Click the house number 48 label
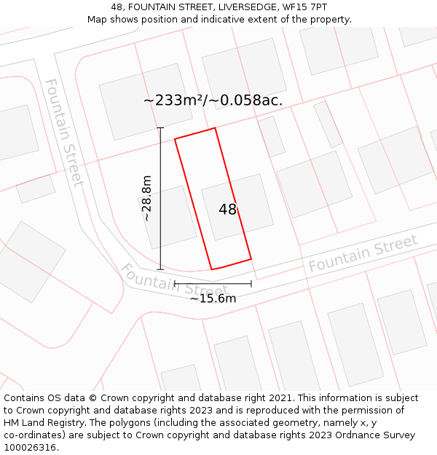[228, 210]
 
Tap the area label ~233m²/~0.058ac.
[213, 100]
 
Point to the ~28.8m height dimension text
[146, 198]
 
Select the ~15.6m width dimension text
[213, 298]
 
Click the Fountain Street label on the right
[363, 253]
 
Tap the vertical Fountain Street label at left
[64, 132]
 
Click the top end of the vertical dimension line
[160, 128]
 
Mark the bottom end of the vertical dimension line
[160, 269]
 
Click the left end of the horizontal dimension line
[175, 284]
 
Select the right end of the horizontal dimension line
[251, 284]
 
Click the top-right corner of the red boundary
[215, 128]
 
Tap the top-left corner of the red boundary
[175, 139]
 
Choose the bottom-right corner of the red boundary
[251, 258]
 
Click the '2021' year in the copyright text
[281, 398]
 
